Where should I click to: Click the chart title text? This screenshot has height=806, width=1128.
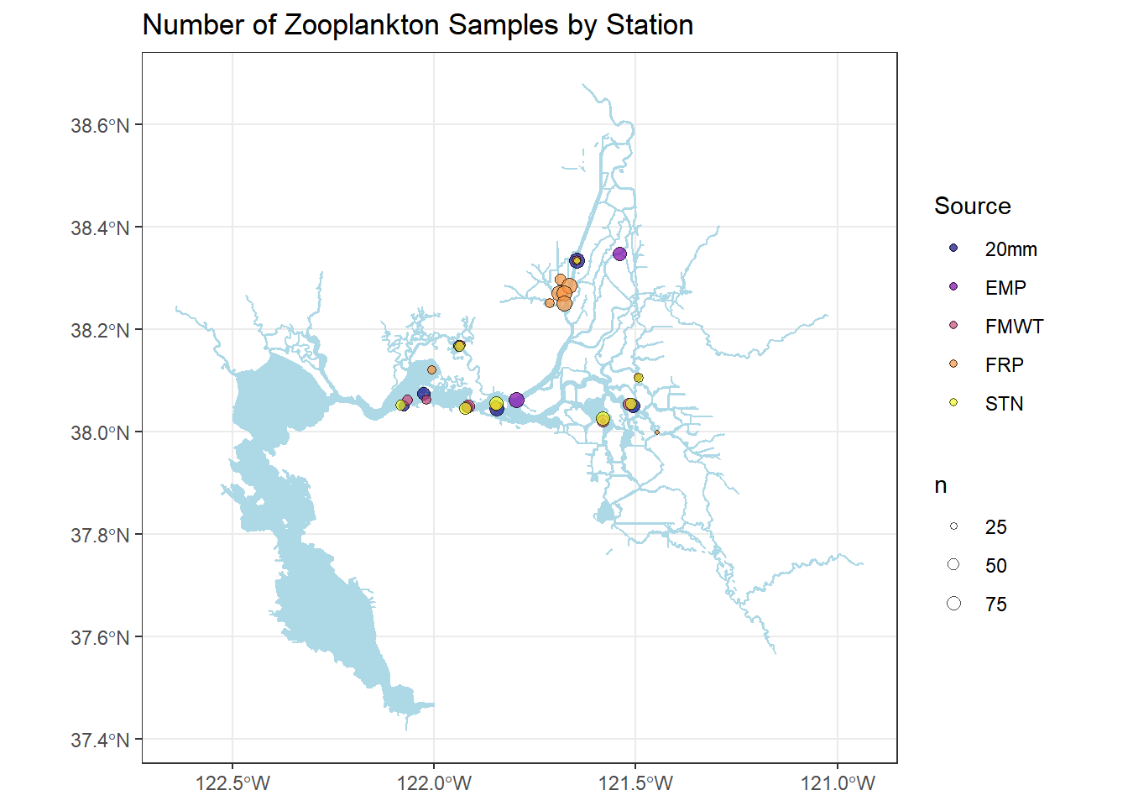(x=417, y=25)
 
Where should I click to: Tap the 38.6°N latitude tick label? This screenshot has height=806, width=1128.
(x=100, y=126)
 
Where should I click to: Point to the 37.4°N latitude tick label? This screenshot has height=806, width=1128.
(x=100, y=741)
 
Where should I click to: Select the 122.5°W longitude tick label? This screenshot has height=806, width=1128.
(x=232, y=784)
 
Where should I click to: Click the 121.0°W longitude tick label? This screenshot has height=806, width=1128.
(x=838, y=784)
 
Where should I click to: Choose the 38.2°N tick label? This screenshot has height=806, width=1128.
(x=100, y=331)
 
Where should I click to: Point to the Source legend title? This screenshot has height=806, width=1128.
(x=972, y=207)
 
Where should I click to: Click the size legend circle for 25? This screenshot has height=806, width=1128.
(x=953, y=526)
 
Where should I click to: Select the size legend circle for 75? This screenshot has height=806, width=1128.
(x=953, y=604)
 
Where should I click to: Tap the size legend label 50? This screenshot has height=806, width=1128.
(x=995, y=566)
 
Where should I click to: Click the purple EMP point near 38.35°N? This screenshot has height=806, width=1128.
(x=619, y=254)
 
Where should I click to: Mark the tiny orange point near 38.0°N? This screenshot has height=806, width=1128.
(x=656, y=432)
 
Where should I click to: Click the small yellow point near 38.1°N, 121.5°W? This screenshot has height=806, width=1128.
(x=639, y=378)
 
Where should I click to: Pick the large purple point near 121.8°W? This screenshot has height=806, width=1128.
(x=516, y=400)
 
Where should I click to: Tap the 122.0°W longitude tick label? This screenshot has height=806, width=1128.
(x=434, y=784)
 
